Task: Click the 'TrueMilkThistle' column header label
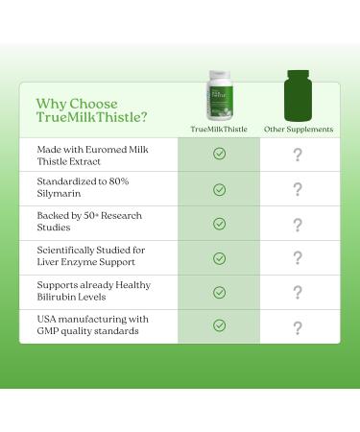point(219,129)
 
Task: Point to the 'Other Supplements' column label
point(298,129)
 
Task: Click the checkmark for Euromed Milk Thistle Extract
point(219,154)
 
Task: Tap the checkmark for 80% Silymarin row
point(219,189)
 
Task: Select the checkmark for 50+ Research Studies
point(219,224)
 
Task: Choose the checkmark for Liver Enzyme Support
point(219,258)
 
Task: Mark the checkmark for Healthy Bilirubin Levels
point(219,292)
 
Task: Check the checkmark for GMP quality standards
point(219,325)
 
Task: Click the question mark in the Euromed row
point(298,154)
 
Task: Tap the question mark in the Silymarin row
point(298,189)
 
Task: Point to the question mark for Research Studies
point(298,224)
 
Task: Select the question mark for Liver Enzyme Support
point(298,258)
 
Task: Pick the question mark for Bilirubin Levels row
point(298,293)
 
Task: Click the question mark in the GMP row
point(298,327)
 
